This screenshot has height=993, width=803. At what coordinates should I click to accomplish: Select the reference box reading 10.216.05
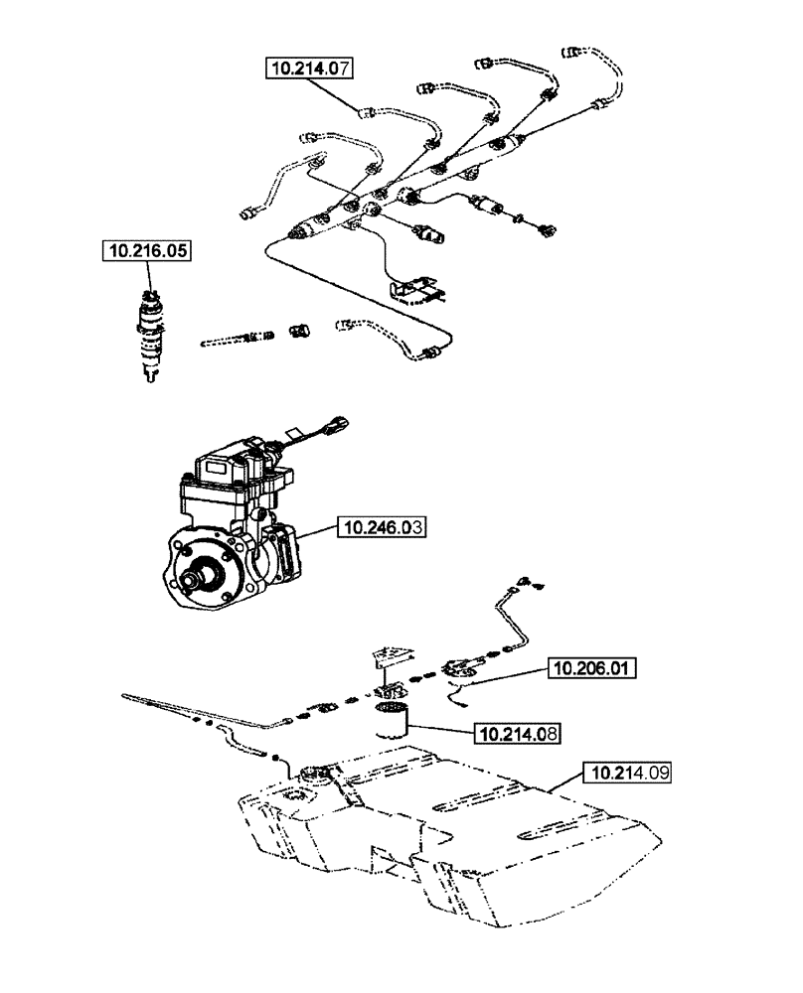point(149,251)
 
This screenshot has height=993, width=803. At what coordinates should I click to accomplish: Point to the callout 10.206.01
point(592,668)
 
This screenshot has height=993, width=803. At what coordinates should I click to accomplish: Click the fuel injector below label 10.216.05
point(152,333)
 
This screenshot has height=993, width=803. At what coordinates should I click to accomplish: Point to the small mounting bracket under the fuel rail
point(416,289)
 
